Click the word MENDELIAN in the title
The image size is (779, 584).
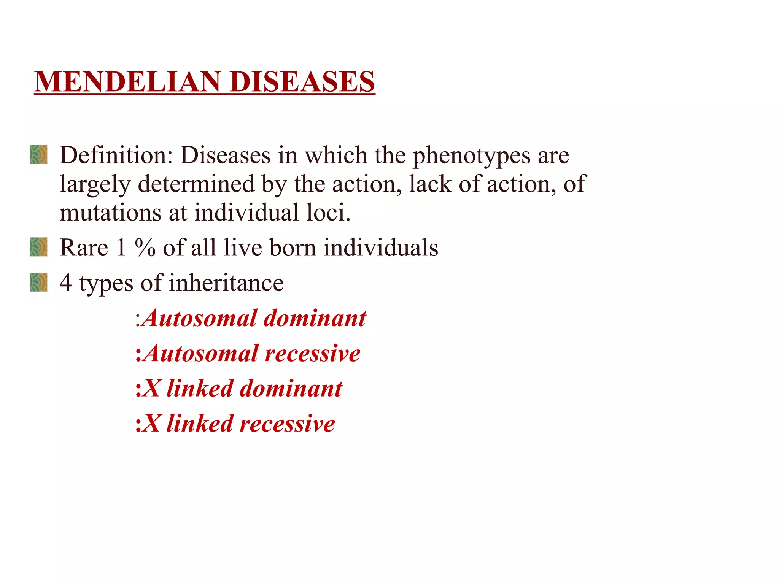click(x=127, y=82)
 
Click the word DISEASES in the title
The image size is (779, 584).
click(x=302, y=82)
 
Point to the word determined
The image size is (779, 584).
click(x=196, y=184)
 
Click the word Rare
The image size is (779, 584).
click(x=84, y=248)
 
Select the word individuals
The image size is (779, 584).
click(x=381, y=248)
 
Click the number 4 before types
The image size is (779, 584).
click(x=65, y=283)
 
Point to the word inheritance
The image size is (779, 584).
click(x=226, y=283)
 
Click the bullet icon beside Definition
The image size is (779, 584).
click(x=39, y=154)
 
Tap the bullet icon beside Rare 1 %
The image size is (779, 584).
click(x=39, y=247)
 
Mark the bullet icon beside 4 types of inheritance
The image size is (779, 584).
click(x=39, y=282)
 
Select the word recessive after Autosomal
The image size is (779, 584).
click(x=312, y=353)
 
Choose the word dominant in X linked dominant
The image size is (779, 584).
click(x=291, y=389)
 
